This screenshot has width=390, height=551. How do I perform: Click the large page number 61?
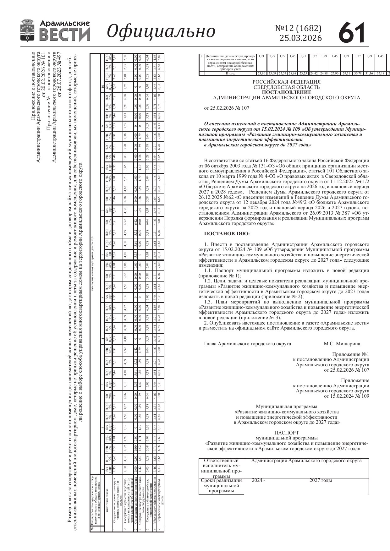click(x=352, y=32)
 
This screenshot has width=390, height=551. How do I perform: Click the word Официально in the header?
click(x=161, y=31)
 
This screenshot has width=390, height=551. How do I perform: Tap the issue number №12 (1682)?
click(x=298, y=29)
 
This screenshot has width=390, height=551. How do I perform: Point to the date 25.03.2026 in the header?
click(x=301, y=38)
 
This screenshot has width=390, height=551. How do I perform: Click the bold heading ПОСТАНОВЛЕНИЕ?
click(x=287, y=92)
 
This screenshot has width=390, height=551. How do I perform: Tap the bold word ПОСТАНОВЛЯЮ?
click(x=227, y=234)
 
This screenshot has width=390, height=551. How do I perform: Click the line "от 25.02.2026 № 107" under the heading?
click(x=227, y=108)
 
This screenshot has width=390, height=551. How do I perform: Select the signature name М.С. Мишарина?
click(x=342, y=343)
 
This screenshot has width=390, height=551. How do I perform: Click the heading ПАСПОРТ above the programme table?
click(x=286, y=433)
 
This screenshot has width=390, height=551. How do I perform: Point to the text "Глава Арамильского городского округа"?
click(x=248, y=343)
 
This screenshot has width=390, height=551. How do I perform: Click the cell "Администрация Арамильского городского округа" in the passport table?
click(x=306, y=461)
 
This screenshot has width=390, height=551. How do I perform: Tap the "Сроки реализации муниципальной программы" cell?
click(x=222, y=485)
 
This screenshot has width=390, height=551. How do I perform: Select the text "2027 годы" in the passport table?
click(x=321, y=480)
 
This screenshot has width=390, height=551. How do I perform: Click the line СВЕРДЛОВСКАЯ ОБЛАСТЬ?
click(x=287, y=87)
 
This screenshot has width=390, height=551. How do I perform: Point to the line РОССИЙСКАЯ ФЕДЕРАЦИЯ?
click(x=287, y=82)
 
